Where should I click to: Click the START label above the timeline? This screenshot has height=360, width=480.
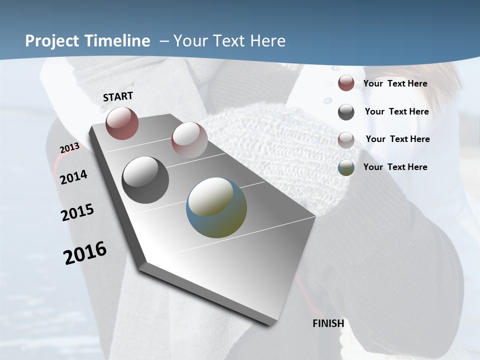pyautogui.click(x=118, y=96)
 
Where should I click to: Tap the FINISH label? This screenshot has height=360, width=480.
pyautogui.click(x=328, y=323)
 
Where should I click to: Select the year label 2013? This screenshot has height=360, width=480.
pyautogui.click(x=70, y=148)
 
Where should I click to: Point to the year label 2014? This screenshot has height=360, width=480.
pyautogui.click(x=74, y=177)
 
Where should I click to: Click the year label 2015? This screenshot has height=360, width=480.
pyautogui.click(x=77, y=212)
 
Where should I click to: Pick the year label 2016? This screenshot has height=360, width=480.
pyautogui.click(x=85, y=253)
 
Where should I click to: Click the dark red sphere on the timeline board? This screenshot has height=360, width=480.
pyautogui.click(x=122, y=123)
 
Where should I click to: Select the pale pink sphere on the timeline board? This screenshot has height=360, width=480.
pyautogui.click(x=189, y=139)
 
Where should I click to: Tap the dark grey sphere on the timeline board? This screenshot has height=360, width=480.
pyautogui.click(x=145, y=180)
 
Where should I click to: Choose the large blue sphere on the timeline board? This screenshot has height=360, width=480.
pyautogui.click(x=216, y=207)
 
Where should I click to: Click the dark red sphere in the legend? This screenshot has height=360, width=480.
pyautogui.click(x=346, y=83)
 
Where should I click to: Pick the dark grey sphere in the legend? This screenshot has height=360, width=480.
pyautogui.click(x=346, y=112)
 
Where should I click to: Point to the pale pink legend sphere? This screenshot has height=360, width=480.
pyautogui.click(x=346, y=139)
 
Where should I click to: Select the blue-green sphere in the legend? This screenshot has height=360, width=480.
pyautogui.click(x=346, y=167)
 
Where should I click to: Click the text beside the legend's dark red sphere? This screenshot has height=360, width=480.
pyautogui.click(x=395, y=83)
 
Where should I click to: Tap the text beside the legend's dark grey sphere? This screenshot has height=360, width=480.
pyautogui.click(x=397, y=111)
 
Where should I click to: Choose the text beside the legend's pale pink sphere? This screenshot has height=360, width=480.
pyautogui.click(x=398, y=139)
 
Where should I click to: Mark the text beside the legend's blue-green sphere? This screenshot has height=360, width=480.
pyautogui.click(x=395, y=167)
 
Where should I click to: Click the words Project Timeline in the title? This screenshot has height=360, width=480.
pyautogui.click(x=87, y=41)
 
